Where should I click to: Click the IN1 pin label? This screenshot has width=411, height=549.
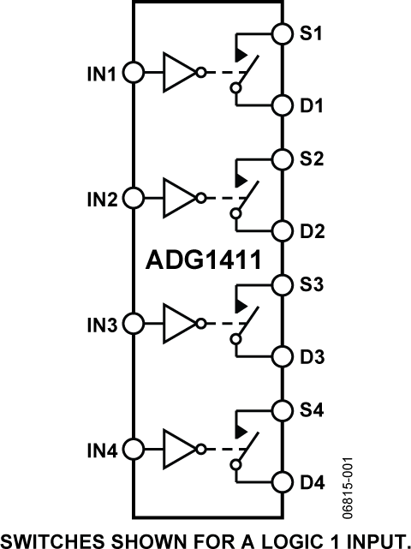(102, 74)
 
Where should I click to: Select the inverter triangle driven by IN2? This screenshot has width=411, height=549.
(177, 199)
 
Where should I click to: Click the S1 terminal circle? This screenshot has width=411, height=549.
(282, 33)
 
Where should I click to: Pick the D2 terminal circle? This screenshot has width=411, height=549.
(282, 231)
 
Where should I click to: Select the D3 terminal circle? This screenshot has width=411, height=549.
(282, 356)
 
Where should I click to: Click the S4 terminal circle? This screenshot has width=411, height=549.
(282, 409)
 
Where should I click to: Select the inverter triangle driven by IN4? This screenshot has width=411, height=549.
(177, 449)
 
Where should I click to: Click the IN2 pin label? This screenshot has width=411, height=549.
(102, 200)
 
